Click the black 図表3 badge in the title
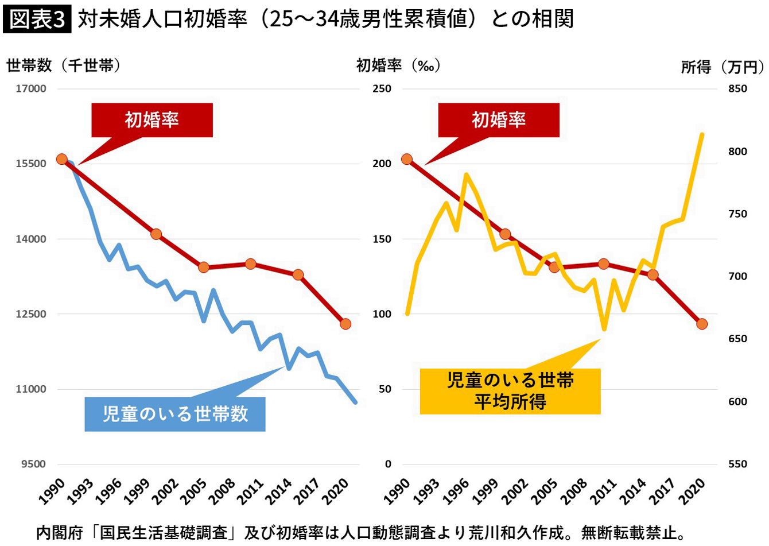coord(37,20)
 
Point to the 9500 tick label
coord(34,464)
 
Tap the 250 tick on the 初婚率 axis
coord(382,89)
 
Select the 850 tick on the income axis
coord(737,89)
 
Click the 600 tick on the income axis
coord(737,401)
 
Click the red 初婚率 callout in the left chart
coord(152,120)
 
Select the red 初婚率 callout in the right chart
coord(499,120)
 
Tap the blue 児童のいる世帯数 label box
coord(175,414)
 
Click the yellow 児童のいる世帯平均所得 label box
coord(510,391)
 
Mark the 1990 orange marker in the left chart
coord(62,159)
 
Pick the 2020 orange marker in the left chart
coord(345,324)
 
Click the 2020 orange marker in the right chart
coord(701,324)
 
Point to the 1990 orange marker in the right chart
coord(407,159)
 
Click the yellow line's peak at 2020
coord(702,135)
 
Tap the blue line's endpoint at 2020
coord(355,402)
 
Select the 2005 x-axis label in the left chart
coord(195,491)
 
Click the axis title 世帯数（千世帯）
coord(64,66)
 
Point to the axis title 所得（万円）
coord(723,67)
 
